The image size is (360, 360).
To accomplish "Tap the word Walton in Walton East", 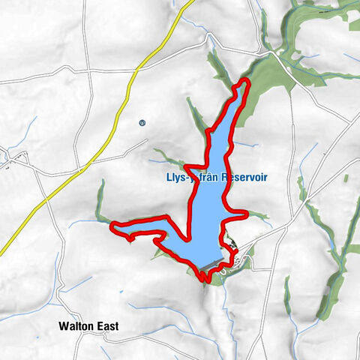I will pos(78,327).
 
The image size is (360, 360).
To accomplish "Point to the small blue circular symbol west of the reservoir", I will pos(142,122).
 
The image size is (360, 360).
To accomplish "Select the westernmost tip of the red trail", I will pos(112,224).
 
